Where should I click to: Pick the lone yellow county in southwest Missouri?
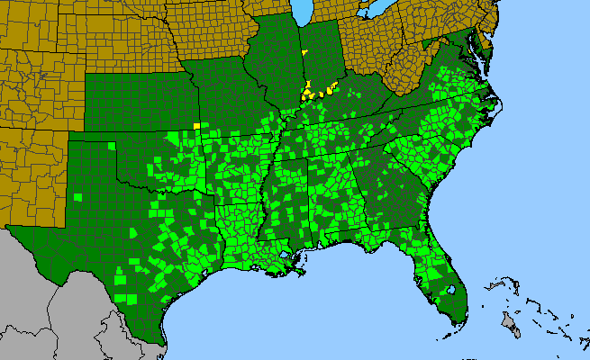point(195,125)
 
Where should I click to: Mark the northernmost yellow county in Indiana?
point(305,54)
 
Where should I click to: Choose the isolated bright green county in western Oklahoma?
point(111,146)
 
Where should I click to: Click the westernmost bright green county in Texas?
point(79,196)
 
